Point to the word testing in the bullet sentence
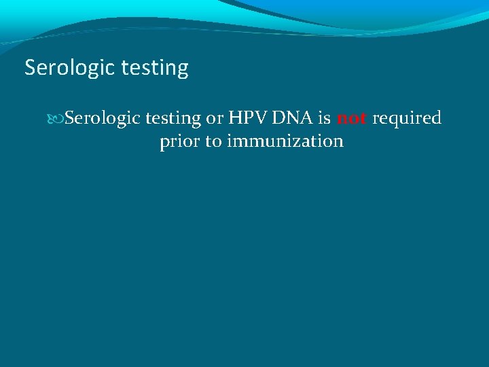click(175, 119)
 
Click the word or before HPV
click(215, 119)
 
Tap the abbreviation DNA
click(293, 118)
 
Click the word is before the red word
click(325, 118)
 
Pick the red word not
click(352, 119)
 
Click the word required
click(407, 119)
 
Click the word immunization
click(285, 141)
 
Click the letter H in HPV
click(236, 118)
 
